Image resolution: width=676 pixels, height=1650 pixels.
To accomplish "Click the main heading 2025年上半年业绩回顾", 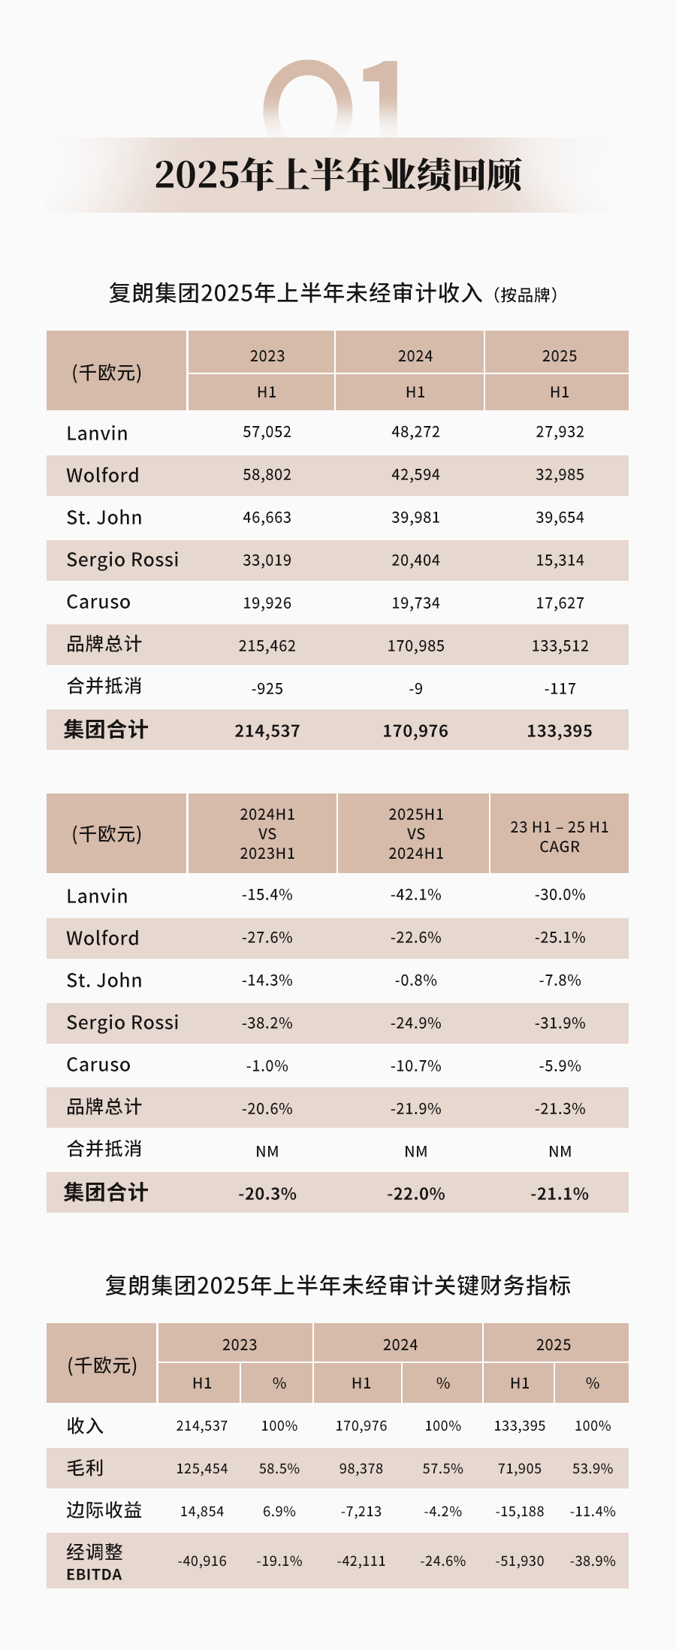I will [x=338, y=174].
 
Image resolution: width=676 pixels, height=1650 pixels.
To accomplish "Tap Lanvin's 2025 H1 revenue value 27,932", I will [x=560, y=432].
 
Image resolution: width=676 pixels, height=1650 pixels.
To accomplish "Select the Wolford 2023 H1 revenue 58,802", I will [x=267, y=475].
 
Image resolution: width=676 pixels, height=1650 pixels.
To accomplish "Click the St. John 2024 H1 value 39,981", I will [x=415, y=518].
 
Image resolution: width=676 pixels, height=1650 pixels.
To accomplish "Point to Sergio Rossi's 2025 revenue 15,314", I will [x=560, y=561].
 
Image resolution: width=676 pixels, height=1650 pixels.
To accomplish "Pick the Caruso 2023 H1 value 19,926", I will [x=267, y=603].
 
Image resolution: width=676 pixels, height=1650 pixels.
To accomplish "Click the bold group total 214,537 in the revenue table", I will [x=267, y=731].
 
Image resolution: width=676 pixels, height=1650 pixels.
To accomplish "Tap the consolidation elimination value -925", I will [x=267, y=689].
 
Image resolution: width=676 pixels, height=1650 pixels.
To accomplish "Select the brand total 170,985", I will [x=415, y=646].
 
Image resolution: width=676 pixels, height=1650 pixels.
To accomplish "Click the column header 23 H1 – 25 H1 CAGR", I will [x=560, y=836].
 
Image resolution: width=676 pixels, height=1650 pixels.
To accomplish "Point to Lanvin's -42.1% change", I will [x=415, y=895].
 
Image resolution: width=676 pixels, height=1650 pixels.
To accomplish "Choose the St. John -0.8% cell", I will [x=415, y=981].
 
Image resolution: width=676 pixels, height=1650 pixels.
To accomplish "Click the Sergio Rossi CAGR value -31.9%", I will [x=560, y=1023].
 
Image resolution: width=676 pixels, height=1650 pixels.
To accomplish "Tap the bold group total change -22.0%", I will [x=415, y=1194].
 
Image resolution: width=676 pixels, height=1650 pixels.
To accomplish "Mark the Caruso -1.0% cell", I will [x=267, y=1066].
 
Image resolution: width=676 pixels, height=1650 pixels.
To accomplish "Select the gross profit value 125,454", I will [x=202, y=1469].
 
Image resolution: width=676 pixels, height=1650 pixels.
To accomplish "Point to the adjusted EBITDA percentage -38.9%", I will [x=593, y=1561].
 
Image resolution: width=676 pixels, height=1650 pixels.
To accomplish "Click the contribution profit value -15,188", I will [x=520, y=1512].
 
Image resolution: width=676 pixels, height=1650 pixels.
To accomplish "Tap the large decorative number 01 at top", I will [x=330, y=98].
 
